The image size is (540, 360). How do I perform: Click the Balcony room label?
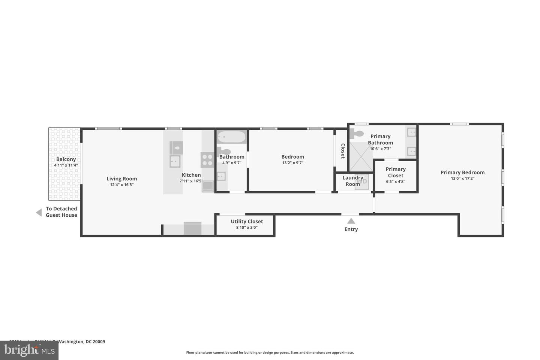pos(66,159)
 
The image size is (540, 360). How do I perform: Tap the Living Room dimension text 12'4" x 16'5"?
pos(121,185)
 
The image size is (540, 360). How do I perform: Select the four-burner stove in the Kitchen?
pos(207,160)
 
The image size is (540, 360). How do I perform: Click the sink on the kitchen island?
pos(175,162)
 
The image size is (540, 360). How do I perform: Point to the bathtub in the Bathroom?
pos(231,137)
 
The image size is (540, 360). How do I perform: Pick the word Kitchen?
pos(191,175)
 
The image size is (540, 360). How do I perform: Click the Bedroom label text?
pos(292,157)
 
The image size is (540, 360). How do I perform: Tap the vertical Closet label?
pos(343,151)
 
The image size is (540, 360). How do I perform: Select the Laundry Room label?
pos(352,181)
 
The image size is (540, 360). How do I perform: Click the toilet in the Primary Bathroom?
pos(356,133)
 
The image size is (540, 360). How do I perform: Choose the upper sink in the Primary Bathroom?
pos(411,132)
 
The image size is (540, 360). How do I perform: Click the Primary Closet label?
pos(396,172)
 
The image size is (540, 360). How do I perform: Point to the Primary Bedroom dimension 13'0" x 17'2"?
pos(462,179)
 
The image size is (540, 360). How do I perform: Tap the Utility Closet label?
pos(247,221)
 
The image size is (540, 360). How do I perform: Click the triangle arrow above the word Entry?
pos(351,221)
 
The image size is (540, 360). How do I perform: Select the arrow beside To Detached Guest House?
pos(39,213)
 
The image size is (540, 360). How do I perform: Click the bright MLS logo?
pos(29,350)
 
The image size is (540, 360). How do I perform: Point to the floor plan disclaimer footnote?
pos(270,352)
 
